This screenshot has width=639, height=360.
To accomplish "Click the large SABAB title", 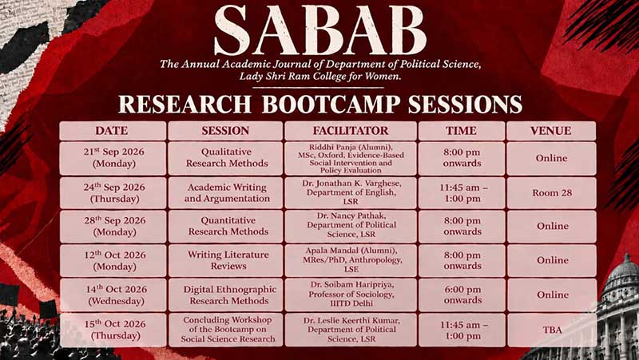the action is (x=320, y=31).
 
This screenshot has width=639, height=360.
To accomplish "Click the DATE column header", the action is (x=113, y=131).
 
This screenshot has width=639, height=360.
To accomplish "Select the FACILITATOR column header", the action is (x=351, y=131).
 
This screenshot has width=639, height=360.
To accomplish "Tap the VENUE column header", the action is (x=551, y=131).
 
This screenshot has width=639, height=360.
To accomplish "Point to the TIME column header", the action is (x=462, y=131).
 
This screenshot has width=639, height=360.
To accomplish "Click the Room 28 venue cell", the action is (x=551, y=193).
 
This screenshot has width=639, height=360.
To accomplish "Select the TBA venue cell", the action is (x=552, y=330).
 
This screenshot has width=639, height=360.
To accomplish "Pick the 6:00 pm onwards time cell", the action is (x=462, y=295).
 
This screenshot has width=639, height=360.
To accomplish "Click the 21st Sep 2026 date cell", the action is (x=113, y=158).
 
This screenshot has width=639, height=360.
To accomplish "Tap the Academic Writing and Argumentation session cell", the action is (x=226, y=193).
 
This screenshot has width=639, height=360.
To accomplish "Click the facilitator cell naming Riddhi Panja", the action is (x=351, y=158).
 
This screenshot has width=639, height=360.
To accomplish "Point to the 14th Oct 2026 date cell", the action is (x=114, y=295).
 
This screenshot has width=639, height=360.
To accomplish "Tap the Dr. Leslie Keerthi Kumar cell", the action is (x=351, y=330).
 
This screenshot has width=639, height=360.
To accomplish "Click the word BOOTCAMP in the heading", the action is (x=331, y=105).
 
